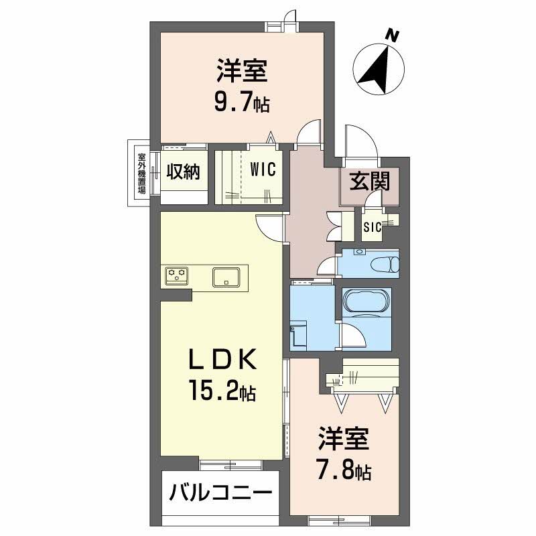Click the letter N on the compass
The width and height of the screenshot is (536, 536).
393,36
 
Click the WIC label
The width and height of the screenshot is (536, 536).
263,170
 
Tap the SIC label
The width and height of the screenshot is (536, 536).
373,227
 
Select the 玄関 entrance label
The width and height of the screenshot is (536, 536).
369,181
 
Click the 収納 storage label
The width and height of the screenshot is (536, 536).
183,172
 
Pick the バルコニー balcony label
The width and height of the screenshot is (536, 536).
221,492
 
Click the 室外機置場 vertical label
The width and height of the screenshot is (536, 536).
141,173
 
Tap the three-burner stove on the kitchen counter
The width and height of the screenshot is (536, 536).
177,275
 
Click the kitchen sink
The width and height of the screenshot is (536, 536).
226,277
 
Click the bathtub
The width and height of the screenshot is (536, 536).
366,300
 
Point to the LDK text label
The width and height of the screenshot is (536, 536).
222,359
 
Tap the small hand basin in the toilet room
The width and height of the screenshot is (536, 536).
358,252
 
